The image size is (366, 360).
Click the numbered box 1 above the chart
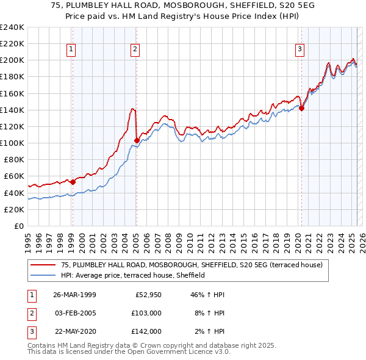coord(72,50)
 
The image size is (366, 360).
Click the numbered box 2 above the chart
coord(135,50)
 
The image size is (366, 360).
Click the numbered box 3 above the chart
coord(300,50)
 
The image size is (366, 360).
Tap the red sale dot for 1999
coord(73,181)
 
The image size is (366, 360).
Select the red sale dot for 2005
coord(136,140)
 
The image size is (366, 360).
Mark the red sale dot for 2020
coord(301,108)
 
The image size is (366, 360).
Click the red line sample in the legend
coord(43,265)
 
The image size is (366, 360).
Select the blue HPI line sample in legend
coord(43,275)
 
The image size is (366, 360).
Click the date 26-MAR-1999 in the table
coord(74,295)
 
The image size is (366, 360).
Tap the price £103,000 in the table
coord(147,313)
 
